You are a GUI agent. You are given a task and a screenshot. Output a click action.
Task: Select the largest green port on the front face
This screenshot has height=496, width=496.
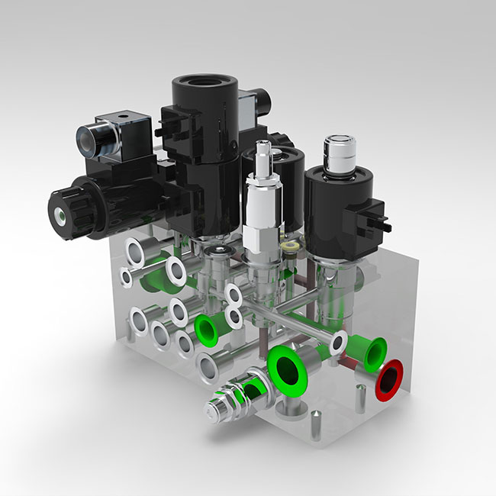tap(287, 369)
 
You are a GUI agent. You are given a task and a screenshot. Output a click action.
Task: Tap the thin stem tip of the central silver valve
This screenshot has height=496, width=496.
tap(263, 147)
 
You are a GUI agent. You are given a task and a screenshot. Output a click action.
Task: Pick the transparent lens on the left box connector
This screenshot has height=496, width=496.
tap(88, 139)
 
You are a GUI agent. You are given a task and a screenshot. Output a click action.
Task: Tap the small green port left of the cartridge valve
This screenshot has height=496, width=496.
tap(206, 328)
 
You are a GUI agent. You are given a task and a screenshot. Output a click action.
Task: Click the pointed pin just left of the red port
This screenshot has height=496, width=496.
tap(357, 396)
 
